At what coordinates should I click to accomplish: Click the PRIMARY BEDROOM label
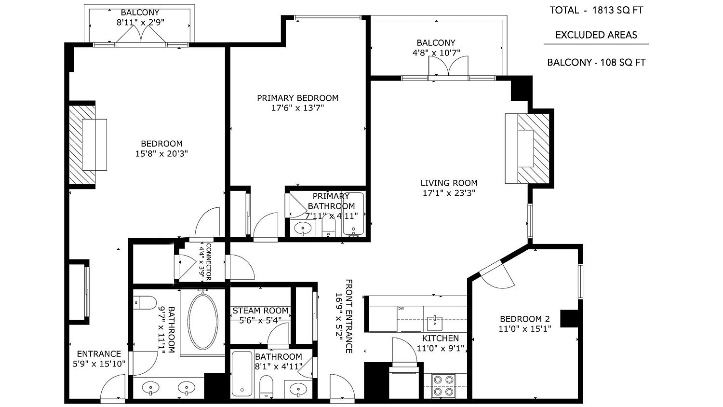point(297,98)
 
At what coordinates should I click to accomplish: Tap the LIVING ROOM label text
point(449,183)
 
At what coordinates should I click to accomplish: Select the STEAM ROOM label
point(260,311)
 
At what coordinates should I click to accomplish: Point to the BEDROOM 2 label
point(525,319)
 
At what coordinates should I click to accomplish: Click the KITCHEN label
point(441,338)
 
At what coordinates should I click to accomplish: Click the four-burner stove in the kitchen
point(443,386)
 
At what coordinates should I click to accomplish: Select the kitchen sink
point(434,324)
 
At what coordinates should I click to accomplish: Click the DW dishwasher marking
point(401,309)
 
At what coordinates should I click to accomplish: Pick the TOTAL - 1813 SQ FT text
point(597,10)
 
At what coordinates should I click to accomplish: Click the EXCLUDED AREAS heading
point(596,35)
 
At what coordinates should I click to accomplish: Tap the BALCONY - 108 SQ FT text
point(596,62)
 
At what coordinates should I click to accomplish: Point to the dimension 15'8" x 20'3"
point(161,153)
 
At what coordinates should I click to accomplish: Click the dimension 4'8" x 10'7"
point(436,53)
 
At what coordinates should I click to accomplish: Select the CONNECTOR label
point(208,262)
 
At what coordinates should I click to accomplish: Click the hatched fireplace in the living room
point(533,149)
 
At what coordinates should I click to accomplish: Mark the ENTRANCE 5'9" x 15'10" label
point(99,359)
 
